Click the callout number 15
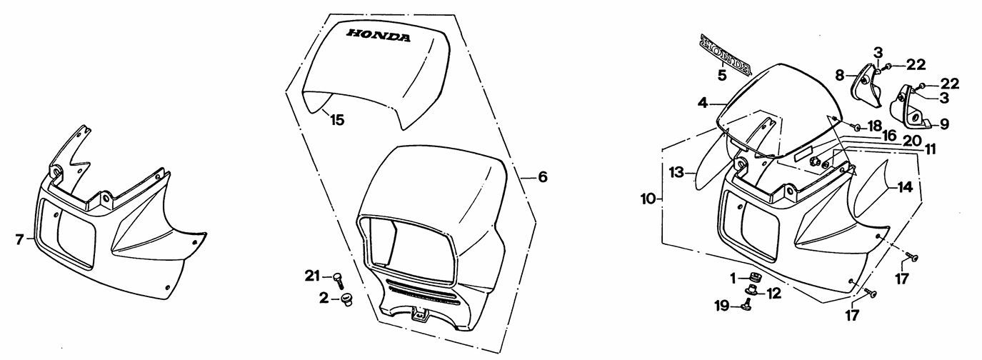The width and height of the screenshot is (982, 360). click(337, 120)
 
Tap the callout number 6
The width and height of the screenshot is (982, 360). click(543, 177)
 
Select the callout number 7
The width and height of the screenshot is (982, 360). click(19, 240)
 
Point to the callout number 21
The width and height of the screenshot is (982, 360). click(313, 276)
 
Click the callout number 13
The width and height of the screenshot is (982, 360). click(677, 173)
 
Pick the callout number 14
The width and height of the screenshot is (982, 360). click(906, 188)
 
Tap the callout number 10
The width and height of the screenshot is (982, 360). click(648, 199)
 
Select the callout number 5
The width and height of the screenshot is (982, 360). click(722, 76)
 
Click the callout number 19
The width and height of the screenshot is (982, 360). click(722, 306)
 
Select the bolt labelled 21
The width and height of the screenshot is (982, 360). click(337, 280)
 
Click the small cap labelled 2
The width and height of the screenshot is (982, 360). click(347, 301)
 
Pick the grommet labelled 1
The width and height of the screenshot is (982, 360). click(754, 278)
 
